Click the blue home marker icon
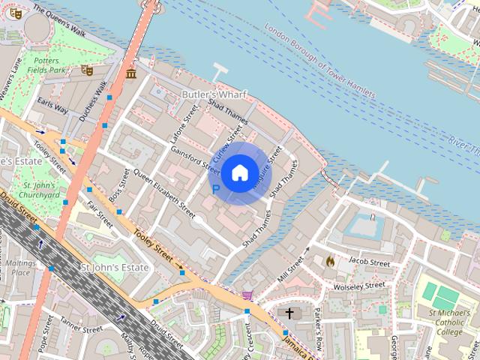[x=239, y=173]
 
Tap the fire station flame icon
[x=328, y=261]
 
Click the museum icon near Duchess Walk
[x=131, y=73]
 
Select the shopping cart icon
[x=247, y=295]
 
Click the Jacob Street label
[x=368, y=263]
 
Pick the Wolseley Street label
[x=360, y=286]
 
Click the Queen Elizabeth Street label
[x=158, y=187]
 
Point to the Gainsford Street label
[x=194, y=157]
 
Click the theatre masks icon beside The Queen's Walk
[x=15, y=13]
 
